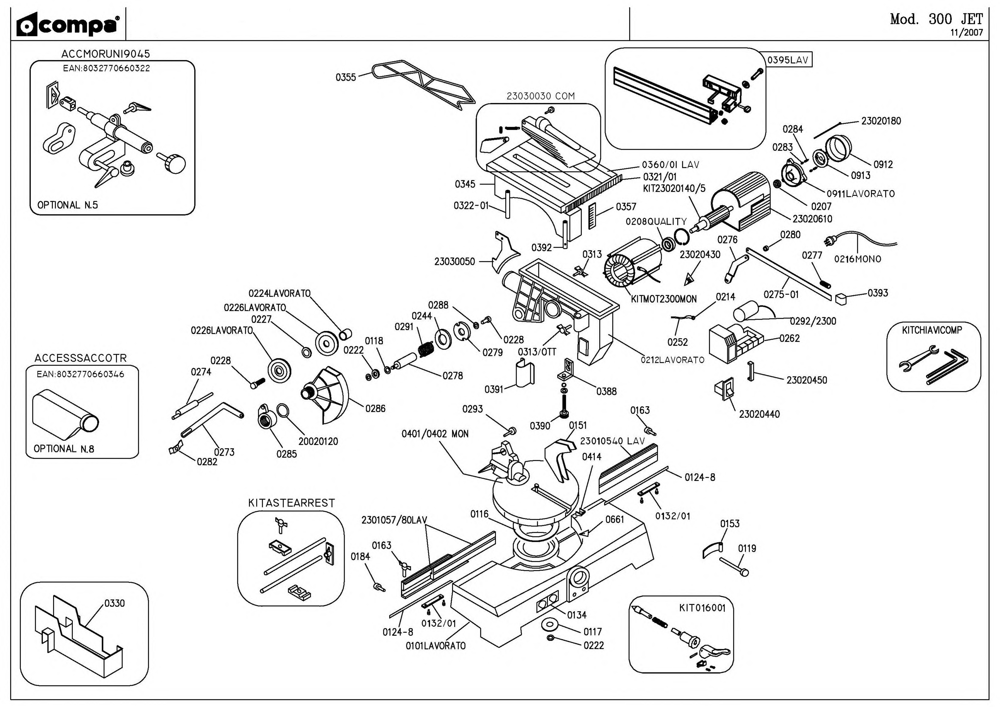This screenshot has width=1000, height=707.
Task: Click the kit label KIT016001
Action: [x=702, y=608]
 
